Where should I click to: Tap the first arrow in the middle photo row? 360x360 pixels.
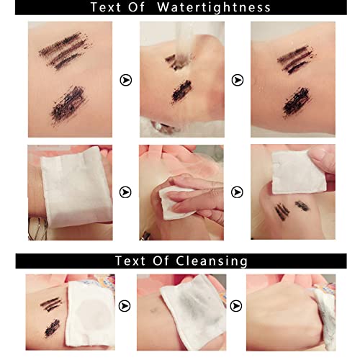126,192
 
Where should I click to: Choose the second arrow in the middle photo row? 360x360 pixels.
238,192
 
